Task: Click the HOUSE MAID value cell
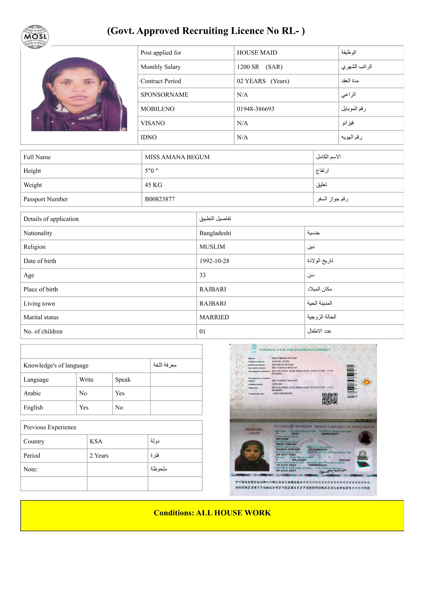(x=257, y=53)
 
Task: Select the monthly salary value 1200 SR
(x=248, y=67)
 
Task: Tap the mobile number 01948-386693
(x=256, y=109)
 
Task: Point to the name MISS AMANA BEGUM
(x=177, y=157)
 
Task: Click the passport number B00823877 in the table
(x=160, y=199)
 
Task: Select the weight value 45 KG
(x=153, y=185)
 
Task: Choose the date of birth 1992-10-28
(x=214, y=261)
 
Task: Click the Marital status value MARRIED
(x=214, y=317)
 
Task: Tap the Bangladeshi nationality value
(x=215, y=233)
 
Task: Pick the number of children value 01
(x=202, y=332)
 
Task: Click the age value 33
(x=202, y=275)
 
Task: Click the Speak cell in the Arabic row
(x=120, y=393)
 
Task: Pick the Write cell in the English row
(x=84, y=408)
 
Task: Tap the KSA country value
(x=96, y=442)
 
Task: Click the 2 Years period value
(x=99, y=456)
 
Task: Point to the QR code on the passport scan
(x=330, y=398)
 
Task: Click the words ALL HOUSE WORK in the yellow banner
(x=233, y=513)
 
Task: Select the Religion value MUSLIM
(x=212, y=247)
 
